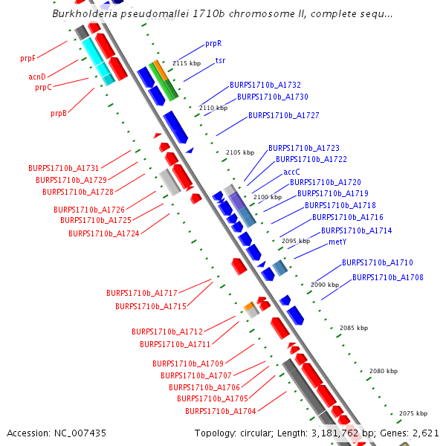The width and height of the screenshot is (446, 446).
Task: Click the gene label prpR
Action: (x=213, y=44)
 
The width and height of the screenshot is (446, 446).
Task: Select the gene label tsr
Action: (x=220, y=60)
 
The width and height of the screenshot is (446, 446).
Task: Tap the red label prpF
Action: (x=28, y=58)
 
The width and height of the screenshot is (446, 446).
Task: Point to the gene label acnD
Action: (x=37, y=77)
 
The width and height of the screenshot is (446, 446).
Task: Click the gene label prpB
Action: (x=59, y=114)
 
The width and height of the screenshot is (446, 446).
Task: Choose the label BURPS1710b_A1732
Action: (x=265, y=85)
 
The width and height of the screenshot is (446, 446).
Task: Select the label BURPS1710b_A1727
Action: (x=284, y=116)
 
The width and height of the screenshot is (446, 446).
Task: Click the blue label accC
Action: (x=291, y=172)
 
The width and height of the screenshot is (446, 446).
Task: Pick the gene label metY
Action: (x=337, y=242)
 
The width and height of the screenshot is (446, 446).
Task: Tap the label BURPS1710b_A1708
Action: (x=388, y=277)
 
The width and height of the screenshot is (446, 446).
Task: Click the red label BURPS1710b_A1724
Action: (x=104, y=233)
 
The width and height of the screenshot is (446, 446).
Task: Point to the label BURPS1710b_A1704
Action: (x=220, y=411)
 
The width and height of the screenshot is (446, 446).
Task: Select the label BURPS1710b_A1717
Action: (x=141, y=293)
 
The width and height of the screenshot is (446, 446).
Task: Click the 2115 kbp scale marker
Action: (x=187, y=64)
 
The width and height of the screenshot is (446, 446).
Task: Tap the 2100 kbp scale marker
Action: (x=267, y=197)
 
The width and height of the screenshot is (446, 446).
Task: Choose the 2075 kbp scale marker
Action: (x=413, y=413)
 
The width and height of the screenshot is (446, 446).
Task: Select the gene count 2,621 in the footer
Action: (x=426, y=433)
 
